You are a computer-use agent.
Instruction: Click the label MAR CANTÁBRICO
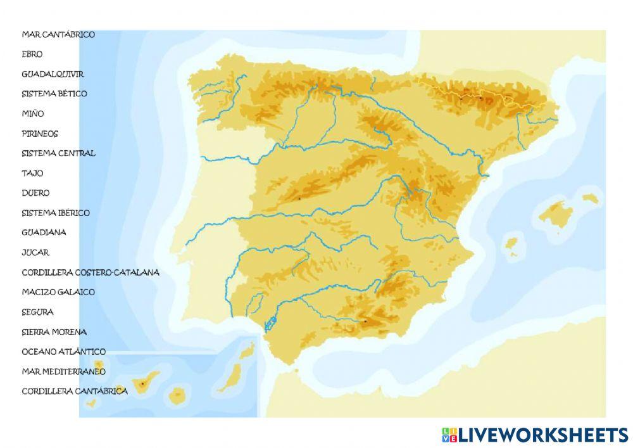tap(58, 34)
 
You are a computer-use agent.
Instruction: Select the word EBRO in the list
tap(32, 54)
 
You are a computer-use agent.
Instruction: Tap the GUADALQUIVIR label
tap(53, 74)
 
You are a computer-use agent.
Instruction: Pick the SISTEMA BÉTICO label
tap(54, 94)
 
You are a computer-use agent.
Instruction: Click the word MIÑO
tap(33, 113)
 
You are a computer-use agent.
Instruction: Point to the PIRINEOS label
tap(40, 134)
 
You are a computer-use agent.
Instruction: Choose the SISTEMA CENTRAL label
tap(59, 153)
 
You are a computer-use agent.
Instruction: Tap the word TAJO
tap(32, 173)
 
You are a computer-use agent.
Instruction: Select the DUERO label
tap(35, 193)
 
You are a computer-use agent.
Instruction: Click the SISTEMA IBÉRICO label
tap(56, 213)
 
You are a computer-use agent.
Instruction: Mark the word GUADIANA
tap(44, 233)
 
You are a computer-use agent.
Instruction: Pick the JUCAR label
tap(35, 252)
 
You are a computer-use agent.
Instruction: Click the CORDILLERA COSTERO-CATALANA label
tap(91, 272)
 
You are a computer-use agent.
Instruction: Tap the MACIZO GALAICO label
tap(58, 292)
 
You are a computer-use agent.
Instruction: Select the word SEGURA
tap(37, 312)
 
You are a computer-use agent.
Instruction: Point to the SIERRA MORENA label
tap(54, 331)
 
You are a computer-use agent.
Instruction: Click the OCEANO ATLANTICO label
tap(64, 351)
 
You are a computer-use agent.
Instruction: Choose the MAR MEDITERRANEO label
tap(64, 371)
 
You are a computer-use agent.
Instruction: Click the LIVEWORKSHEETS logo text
tap(542, 435)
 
